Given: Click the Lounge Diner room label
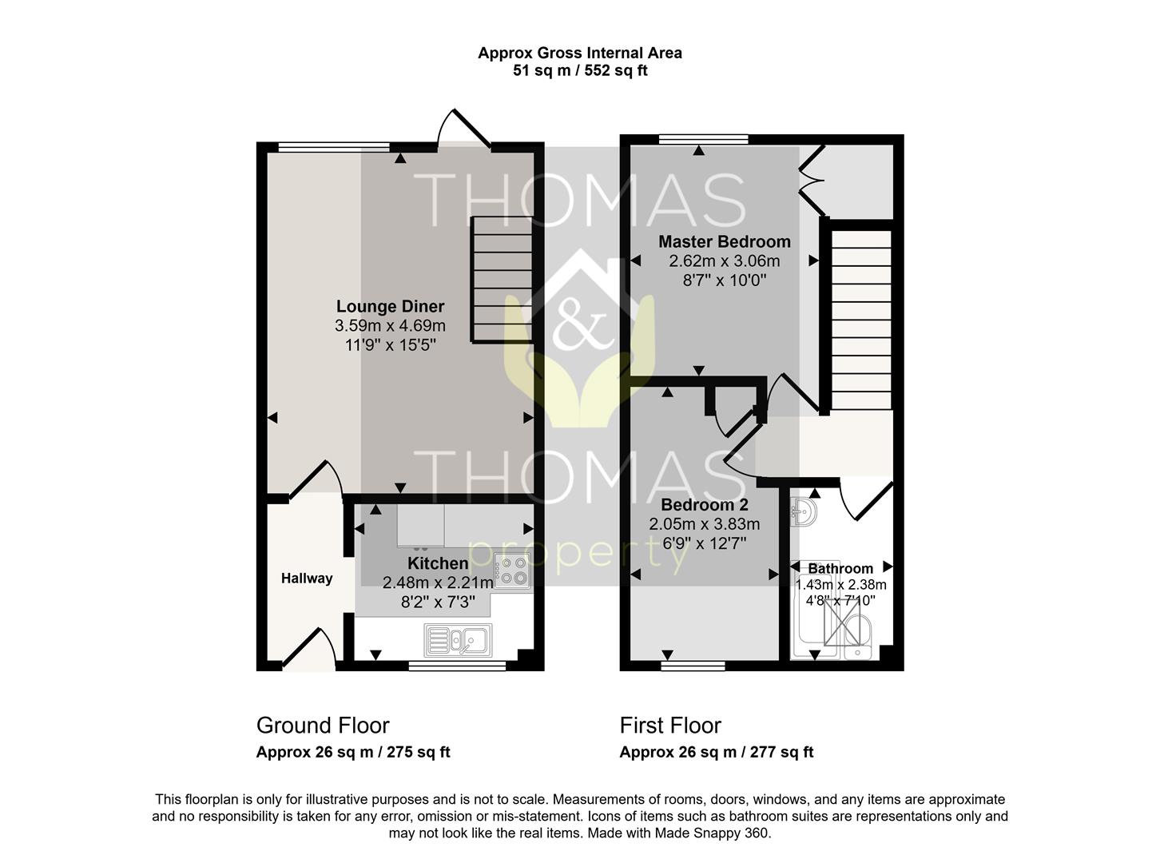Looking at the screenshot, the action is (390, 306).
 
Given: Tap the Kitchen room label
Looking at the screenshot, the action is (438, 563).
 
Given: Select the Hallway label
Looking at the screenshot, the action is (307, 579).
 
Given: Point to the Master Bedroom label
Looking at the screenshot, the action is (724, 242).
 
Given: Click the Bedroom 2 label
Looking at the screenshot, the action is (705, 504).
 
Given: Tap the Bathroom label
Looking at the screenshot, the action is (840, 568).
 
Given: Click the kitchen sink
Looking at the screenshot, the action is (458, 639).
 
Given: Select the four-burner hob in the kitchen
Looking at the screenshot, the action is (512, 571).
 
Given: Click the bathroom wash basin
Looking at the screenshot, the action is (804, 512).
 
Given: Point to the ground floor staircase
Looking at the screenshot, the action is (502, 280).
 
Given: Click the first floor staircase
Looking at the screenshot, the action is (861, 320).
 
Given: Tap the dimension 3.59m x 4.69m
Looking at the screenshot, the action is (390, 325).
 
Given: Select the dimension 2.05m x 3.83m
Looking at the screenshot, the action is (705, 524).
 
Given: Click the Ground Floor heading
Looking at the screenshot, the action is (323, 726).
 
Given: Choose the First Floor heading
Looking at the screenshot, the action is (670, 726).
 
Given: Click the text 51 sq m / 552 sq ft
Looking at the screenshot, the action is (580, 70).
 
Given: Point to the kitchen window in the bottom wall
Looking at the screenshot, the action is (457, 666).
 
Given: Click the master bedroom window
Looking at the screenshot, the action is (703, 139).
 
